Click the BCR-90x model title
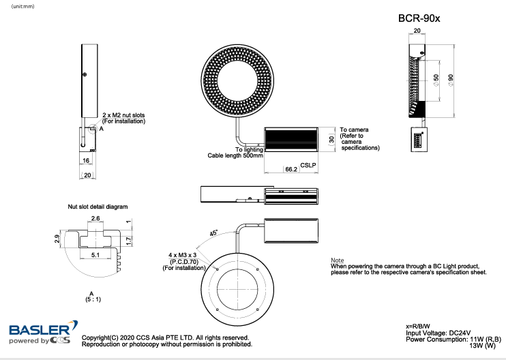[419, 18]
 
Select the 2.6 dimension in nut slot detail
[95, 218]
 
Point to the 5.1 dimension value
[95, 254]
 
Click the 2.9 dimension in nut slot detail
[58, 239]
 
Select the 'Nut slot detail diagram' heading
[98, 205]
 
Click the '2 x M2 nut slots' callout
[124, 115]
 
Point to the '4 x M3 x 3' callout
[182, 255]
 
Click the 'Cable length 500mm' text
[235, 155]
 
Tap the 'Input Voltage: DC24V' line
[438, 332]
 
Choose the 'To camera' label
[354, 129]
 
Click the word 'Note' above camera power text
[337, 260]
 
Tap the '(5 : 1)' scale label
[91, 299]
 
